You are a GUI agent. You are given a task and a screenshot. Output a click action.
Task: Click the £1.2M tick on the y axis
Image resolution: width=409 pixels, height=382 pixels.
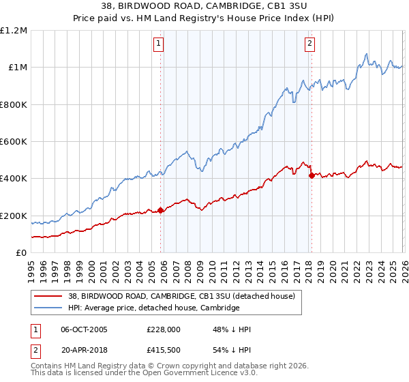[x=14, y=31]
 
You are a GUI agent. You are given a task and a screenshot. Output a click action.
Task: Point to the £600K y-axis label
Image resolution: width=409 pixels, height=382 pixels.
[x=14, y=142]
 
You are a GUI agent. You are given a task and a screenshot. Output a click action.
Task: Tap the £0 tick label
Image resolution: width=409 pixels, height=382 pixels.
[x=20, y=253]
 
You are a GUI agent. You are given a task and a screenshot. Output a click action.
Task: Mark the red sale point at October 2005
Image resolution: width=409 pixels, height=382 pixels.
[x=161, y=210]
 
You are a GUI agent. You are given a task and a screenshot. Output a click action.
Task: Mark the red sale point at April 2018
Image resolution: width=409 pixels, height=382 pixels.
[x=312, y=175]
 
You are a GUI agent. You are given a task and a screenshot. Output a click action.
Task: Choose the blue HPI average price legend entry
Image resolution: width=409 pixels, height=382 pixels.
[x=153, y=308]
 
